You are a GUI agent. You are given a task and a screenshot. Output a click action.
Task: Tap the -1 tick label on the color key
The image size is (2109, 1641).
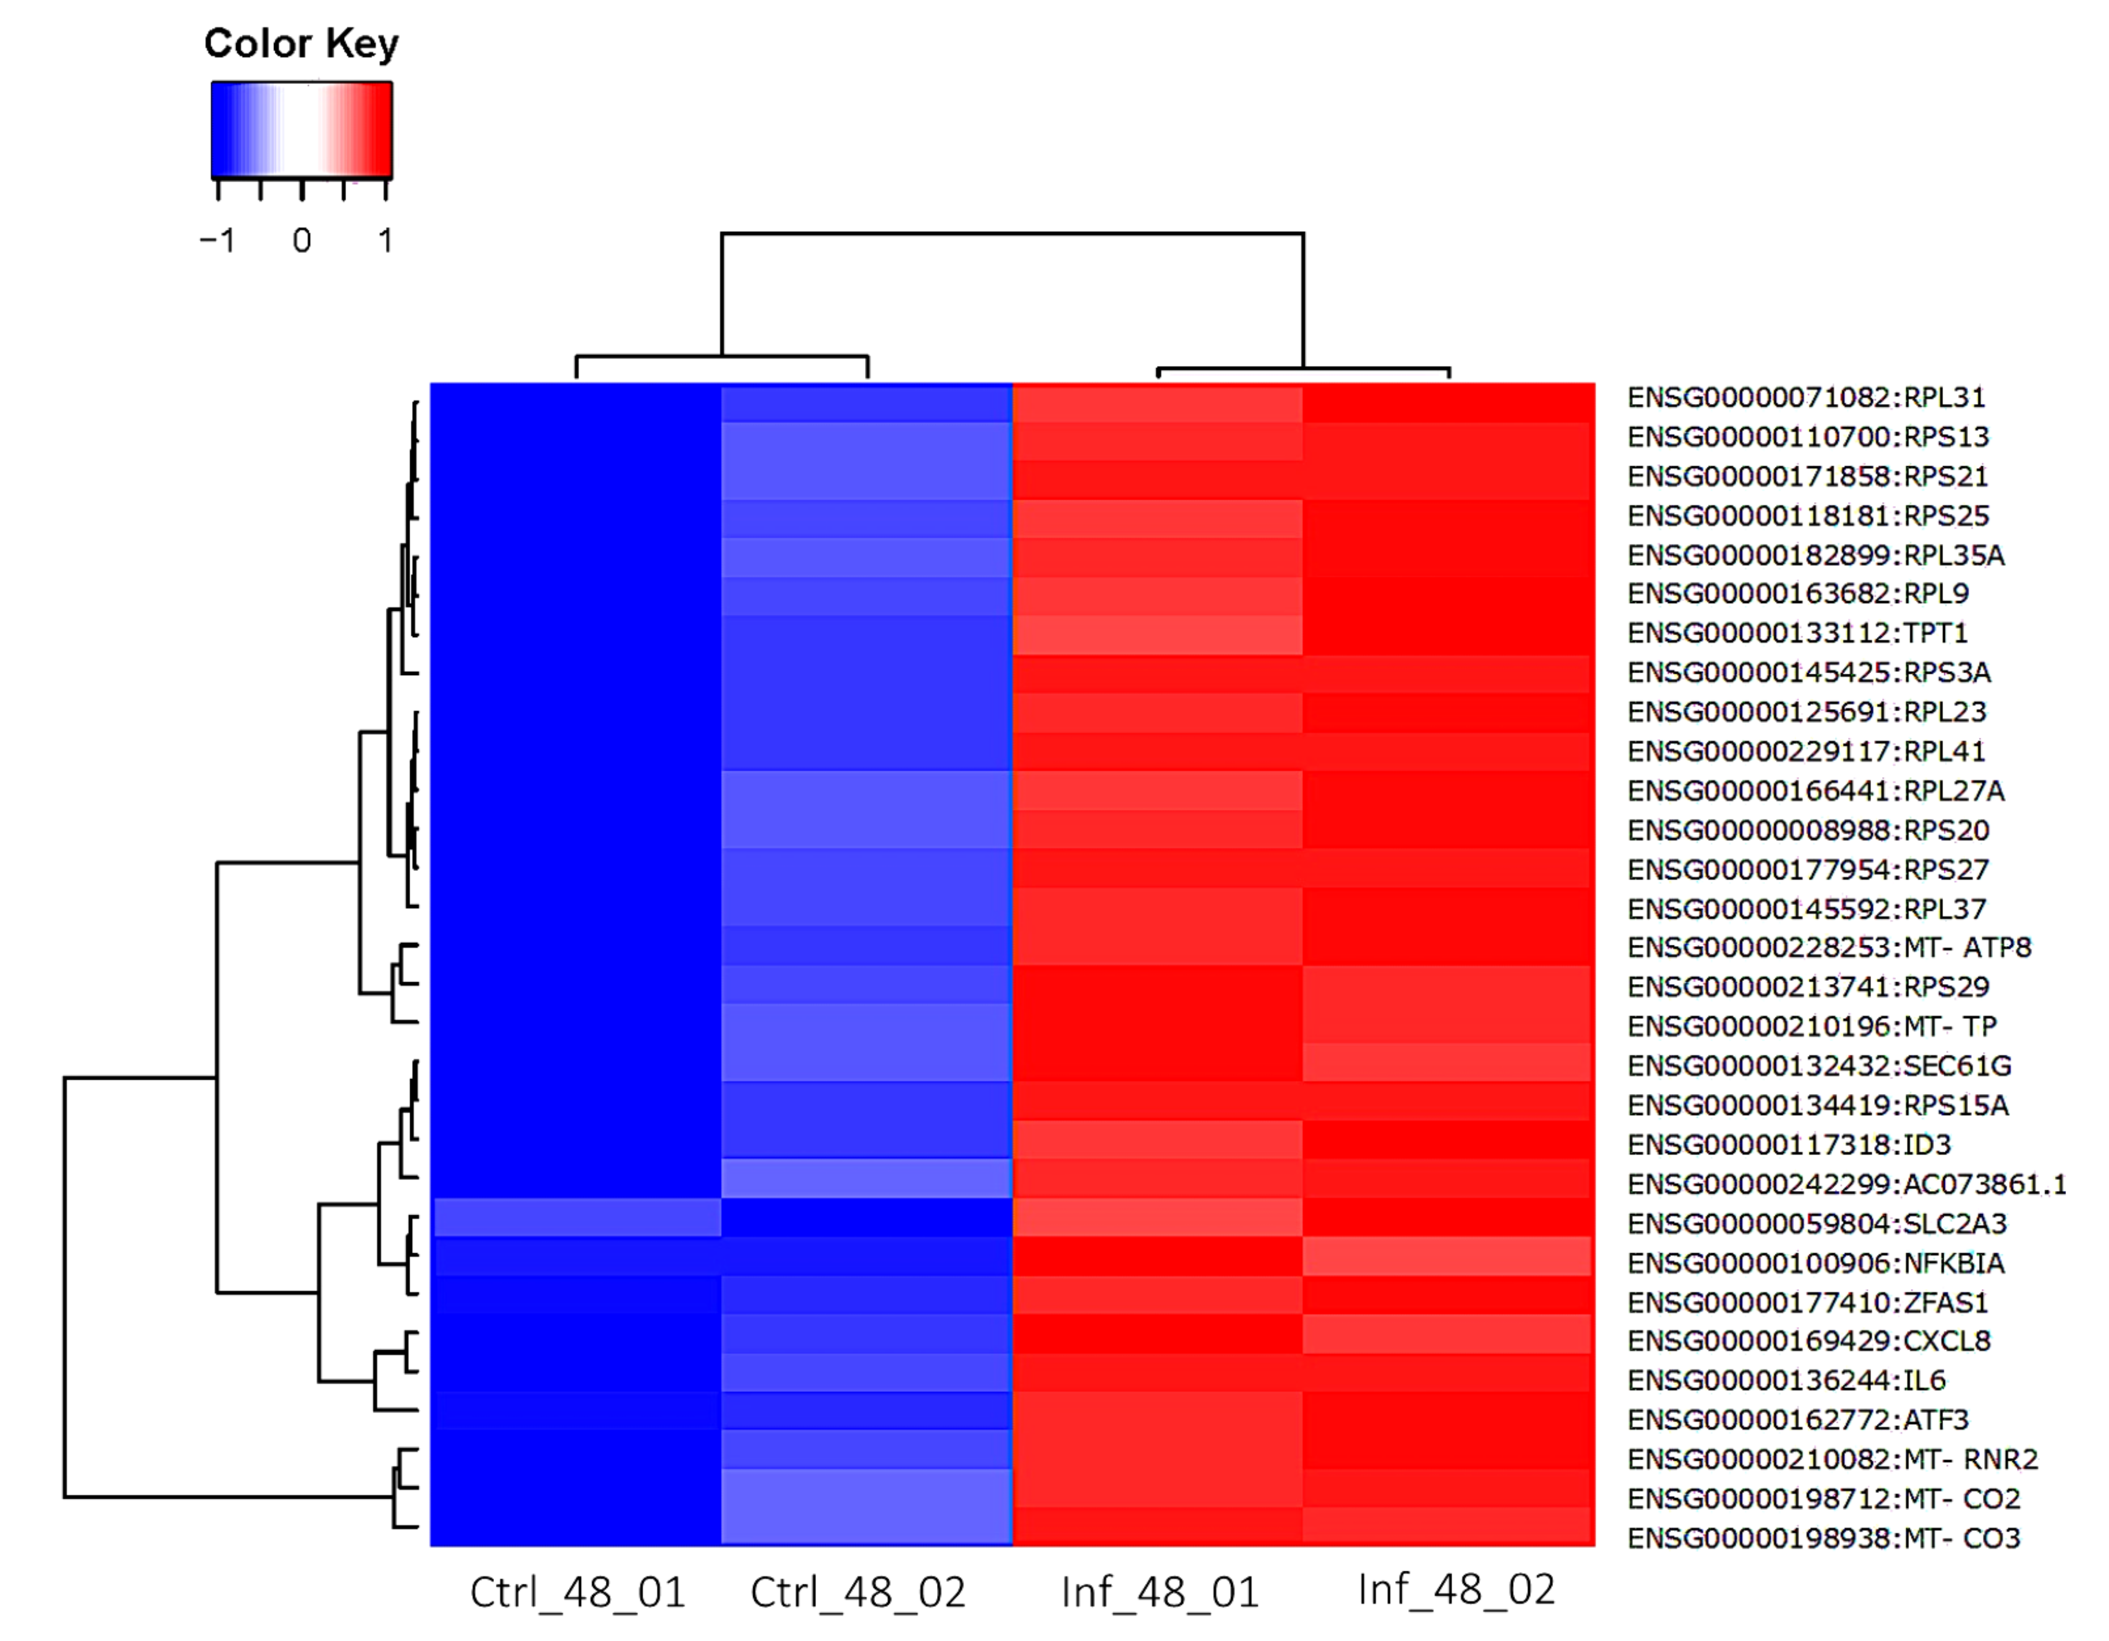(x=217, y=241)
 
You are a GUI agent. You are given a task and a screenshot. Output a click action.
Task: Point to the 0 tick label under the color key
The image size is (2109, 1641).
(x=302, y=241)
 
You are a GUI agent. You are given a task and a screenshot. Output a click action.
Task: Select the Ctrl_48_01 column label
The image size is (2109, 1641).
(x=577, y=1593)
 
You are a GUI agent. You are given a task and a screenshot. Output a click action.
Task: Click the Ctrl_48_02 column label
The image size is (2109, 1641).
(x=858, y=1593)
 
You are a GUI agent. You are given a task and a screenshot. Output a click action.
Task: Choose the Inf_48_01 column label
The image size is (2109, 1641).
(x=1160, y=1593)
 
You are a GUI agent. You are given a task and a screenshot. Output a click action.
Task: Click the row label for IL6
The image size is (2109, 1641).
(x=1786, y=1380)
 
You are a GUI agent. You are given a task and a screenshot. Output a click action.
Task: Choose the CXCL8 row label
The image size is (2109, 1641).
(x=1809, y=1341)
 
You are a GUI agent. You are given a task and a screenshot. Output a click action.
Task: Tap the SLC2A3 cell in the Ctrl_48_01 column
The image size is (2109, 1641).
(x=577, y=1218)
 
